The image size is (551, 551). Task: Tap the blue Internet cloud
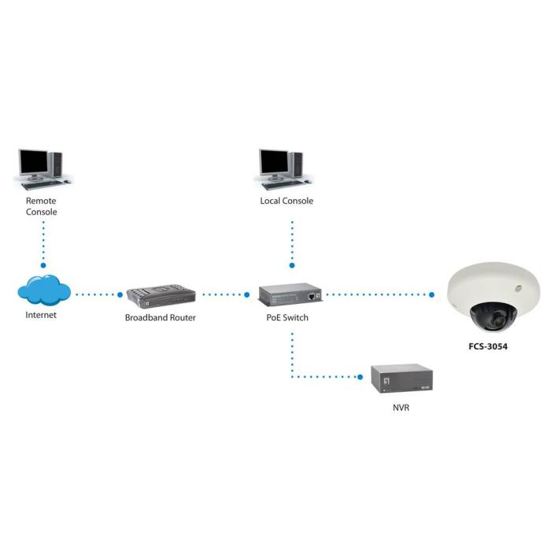(x=44, y=291)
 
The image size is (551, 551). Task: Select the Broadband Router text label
(x=161, y=318)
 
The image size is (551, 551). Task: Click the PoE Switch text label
(x=287, y=318)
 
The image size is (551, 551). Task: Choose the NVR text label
(x=401, y=409)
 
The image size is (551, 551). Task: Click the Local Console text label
(x=287, y=201)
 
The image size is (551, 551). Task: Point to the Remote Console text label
(x=43, y=206)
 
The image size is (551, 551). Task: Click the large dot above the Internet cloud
(x=44, y=265)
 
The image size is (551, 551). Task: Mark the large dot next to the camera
(x=432, y=295)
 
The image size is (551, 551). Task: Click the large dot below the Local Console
(x=292, y=265)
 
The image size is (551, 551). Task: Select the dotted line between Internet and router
(x=98, y=295)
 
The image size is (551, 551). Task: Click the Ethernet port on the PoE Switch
(x=313, y=296)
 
